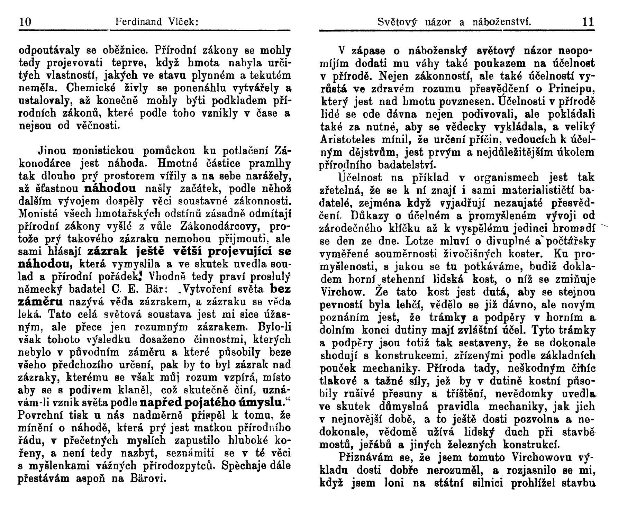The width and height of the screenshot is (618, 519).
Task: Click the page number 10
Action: click(x=25, y=22)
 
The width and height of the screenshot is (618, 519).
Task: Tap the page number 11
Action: click(x=588, y=22)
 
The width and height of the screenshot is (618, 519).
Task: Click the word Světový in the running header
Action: click(x=397, y=22)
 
